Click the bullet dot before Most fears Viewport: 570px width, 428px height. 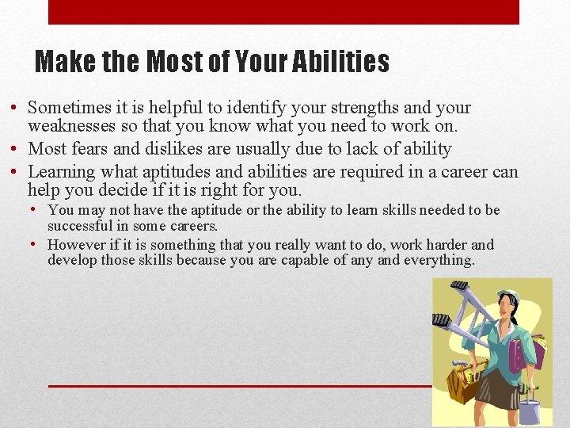pos(17,149)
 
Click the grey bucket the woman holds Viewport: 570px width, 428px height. pos(530,411)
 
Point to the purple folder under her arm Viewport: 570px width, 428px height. pos(519,353)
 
